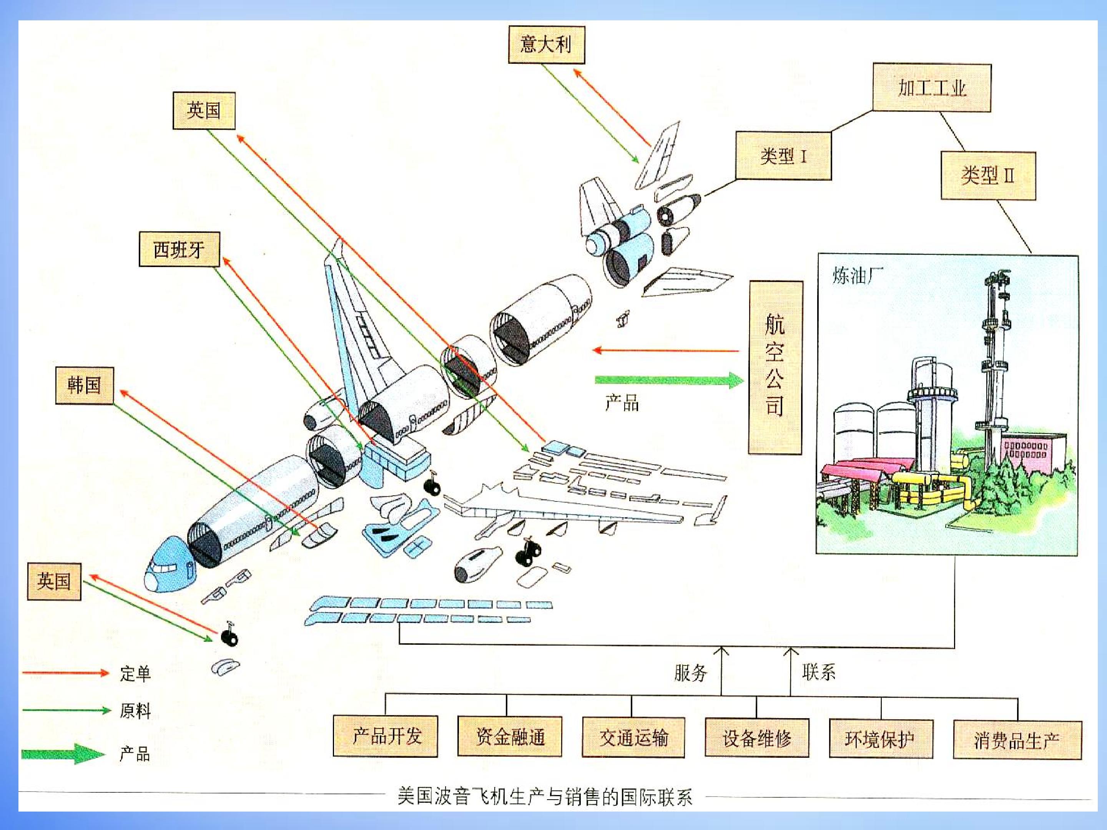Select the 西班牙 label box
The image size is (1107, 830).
[x=179, y=249]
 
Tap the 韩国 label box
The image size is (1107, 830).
[x=84, y=385]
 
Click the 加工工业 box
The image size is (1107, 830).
[x=931, y=88]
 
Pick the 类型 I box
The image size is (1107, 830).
[x=783, y=156]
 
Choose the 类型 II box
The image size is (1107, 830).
[x=988, y=176]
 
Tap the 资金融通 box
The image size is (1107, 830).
[x=509, y=737]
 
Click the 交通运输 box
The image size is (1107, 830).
[x=633, y=737]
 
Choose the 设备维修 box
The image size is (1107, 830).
[x=757, y=737]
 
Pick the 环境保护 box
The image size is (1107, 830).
[x=881, y=739]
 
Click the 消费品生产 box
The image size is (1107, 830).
[x=1017, y=739]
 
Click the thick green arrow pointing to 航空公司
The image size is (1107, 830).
[x=669, y=380]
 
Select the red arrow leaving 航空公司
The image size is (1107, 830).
[x=666, y=350]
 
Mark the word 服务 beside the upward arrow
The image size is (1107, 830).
[x=691, y=672]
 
